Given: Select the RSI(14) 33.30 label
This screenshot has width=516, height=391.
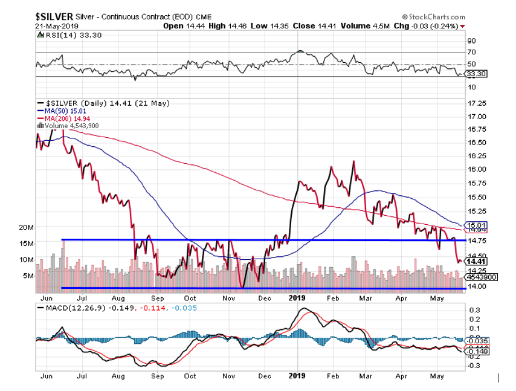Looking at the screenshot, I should [62, 36].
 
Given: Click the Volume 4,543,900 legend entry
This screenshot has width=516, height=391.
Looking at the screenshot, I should [71, 125].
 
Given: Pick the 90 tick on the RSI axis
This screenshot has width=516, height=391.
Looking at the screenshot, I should [471, 41].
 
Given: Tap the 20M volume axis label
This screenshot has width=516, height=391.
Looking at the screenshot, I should [25, 227].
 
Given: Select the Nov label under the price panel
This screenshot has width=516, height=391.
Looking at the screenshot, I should [228, 297].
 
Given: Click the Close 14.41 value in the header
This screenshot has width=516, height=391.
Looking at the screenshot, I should [309, 26].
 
